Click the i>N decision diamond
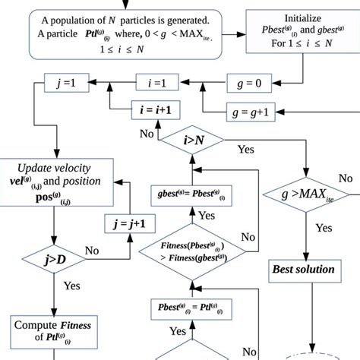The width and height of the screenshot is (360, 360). [x=185, y=139]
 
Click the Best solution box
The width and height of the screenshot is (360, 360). [x=304, y=270]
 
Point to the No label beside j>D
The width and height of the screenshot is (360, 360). [x=92, y=250]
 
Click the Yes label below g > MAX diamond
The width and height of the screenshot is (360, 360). [x=324, y=227]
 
